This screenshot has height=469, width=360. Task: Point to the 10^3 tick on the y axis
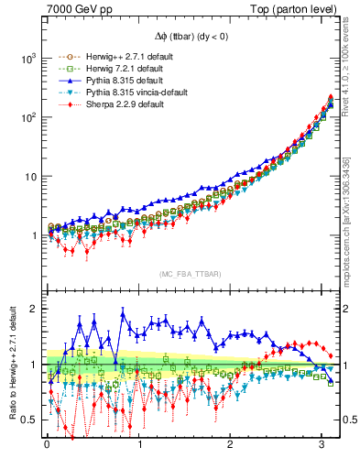[27, 58]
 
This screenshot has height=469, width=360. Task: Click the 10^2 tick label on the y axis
[27, 117]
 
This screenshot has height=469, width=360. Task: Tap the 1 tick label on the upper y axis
[35, 235]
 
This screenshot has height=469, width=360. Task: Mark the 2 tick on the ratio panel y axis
[35, 309]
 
